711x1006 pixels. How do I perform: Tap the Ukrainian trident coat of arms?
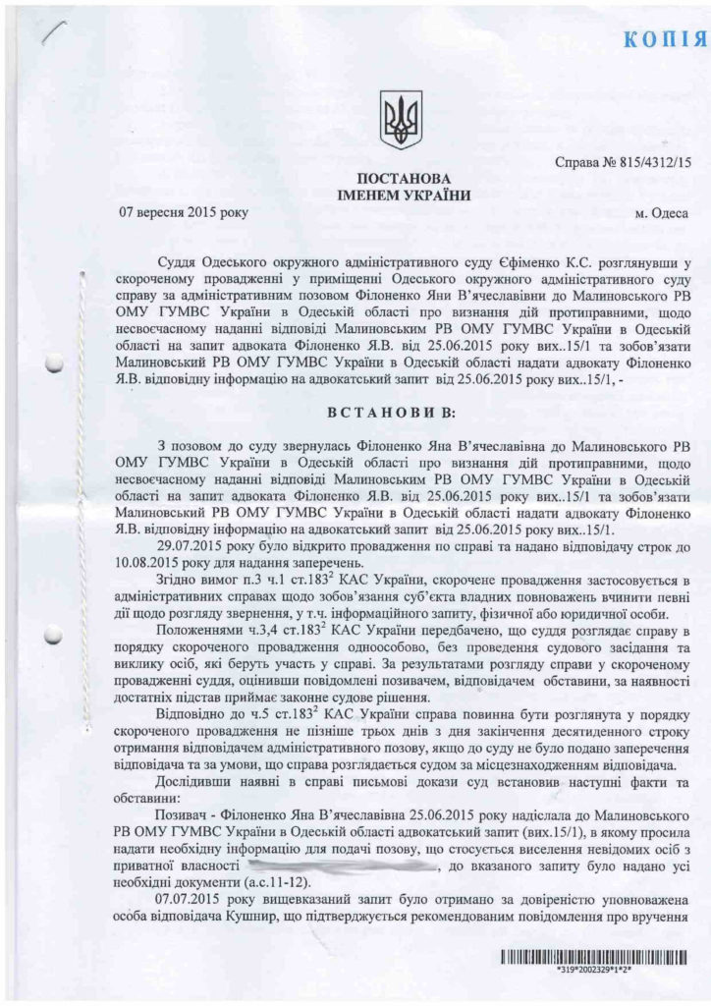(401, 119)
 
